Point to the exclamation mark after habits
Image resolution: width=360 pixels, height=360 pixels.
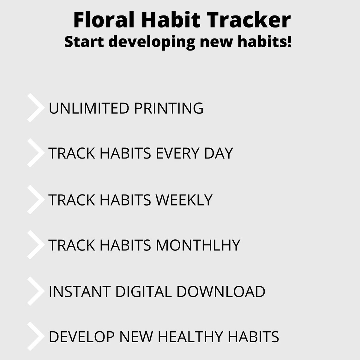point(289,41)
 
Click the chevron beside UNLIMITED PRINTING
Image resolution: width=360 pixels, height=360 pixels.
point(35,108)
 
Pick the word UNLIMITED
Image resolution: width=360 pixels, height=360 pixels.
point(89,108)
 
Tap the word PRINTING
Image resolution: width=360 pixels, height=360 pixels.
point(169,108)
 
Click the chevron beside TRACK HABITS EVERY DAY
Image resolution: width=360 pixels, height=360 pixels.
point(35,153)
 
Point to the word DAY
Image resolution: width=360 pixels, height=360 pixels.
point(219,153)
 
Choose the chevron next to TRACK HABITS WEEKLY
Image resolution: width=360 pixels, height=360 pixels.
point(35,200)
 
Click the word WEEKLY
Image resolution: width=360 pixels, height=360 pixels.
point(184,200)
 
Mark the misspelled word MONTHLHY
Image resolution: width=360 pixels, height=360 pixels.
point(198,245)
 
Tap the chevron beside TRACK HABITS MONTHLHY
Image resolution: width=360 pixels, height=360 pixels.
point(35,245)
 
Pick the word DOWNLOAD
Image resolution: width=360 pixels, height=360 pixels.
point(221,292)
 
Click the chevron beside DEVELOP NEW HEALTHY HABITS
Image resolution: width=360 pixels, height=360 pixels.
point(35,336)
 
